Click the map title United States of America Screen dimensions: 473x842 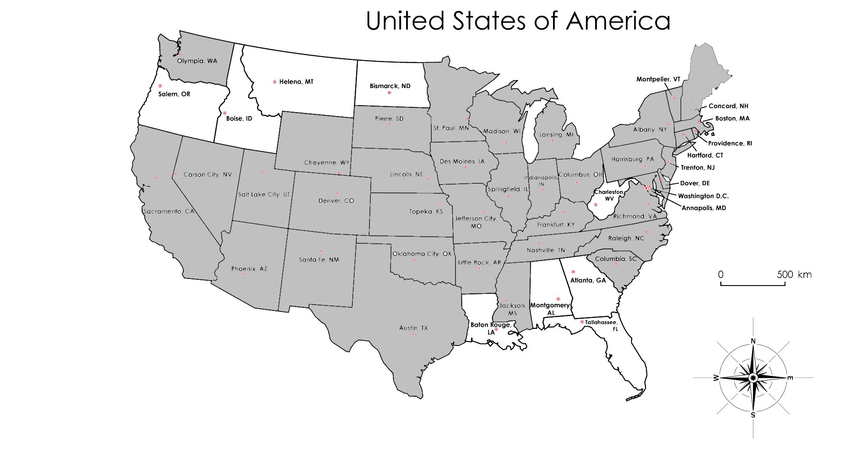click(518, 21)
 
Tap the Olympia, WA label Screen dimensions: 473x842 click(197, 61)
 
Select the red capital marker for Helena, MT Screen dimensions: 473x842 click(275, 82)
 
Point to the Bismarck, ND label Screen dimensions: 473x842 click(390, 86)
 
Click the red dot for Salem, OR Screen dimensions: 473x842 click(160, 86)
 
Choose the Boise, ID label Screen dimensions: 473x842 click(239, 119)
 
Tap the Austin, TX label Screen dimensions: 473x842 click(413, 328)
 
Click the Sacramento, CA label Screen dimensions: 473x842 click(169, 212)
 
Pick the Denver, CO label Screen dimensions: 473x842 click(336, 201)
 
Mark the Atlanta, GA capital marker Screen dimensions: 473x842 click(573, 272)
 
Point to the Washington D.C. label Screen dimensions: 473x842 click(703, 196)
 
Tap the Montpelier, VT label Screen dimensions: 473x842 click(658, 79)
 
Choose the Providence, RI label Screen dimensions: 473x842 click(730, 143)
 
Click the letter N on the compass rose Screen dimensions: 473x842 click(753, 341)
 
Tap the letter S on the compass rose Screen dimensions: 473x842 click(753, 415)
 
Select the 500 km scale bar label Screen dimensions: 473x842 click(794, 275)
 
